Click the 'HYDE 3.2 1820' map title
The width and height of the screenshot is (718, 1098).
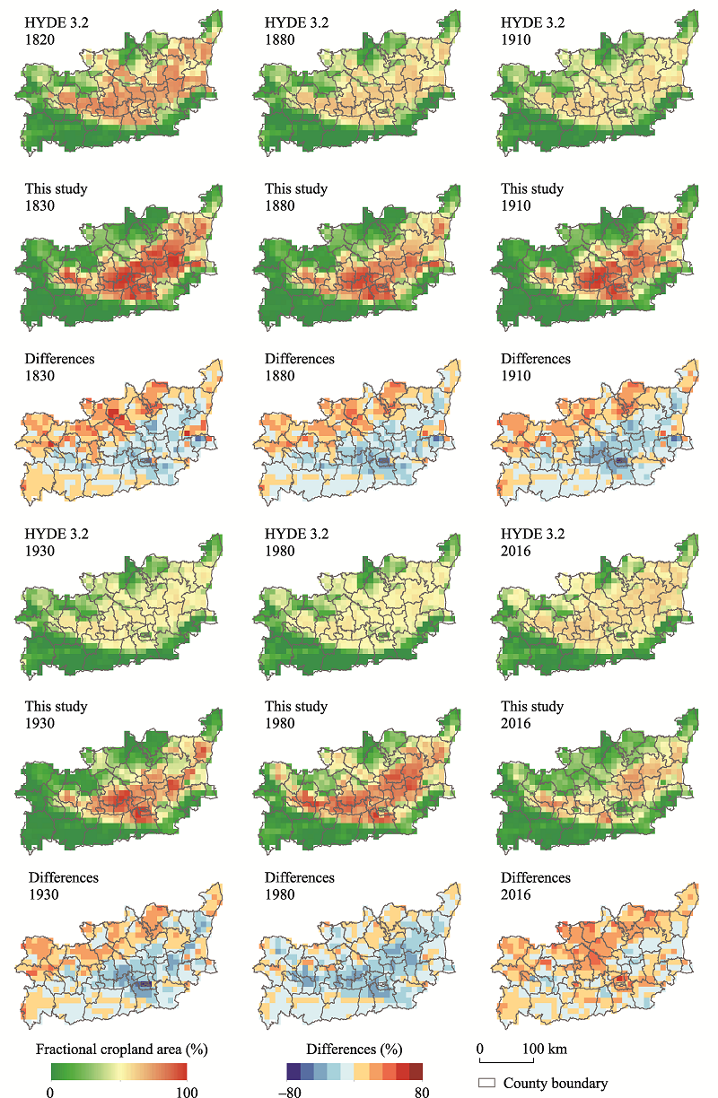coord(57,30)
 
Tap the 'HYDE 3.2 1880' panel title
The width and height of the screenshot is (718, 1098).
coord(297,30)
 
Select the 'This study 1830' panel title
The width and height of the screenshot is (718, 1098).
coord(57,197)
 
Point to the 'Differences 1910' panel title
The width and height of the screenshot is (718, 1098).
coord(536,367)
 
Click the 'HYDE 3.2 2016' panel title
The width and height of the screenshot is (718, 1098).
coord(532,542)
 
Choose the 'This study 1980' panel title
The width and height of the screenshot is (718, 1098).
coord(296,715)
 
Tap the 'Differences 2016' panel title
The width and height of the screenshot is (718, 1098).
coord(536,885)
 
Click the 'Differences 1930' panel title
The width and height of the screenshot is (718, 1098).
coord(63,885)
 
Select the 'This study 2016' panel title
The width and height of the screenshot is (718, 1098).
coord(532,715)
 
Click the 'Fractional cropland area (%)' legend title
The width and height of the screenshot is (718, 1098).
coord(122,1049)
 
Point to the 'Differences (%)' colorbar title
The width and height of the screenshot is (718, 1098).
coord(355,1049)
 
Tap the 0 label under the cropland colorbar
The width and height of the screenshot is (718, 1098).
coord(50,1091)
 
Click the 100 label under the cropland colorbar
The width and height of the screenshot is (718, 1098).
coord(187,1091)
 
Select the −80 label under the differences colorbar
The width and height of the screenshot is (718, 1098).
coord(290,1091)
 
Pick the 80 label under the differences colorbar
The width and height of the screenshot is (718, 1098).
coord(422,1091)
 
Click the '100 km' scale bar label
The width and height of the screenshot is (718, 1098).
coord(545,1049)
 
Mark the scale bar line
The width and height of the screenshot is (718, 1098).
coord(506,1062)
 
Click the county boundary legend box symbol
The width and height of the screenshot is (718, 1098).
coord(486,1083)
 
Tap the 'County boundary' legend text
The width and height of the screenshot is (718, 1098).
coord(556,1083)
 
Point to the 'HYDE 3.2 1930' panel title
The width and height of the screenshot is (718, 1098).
coord(57,542)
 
